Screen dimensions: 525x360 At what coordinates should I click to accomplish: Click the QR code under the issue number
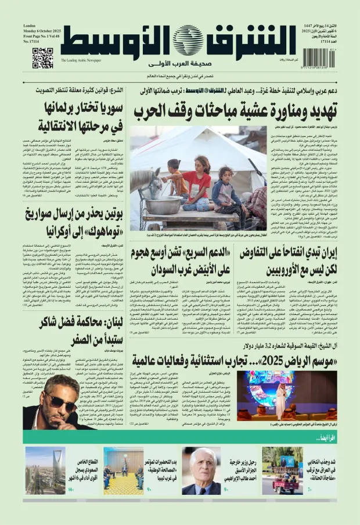point(42,58)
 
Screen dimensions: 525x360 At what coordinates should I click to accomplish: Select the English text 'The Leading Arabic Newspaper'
point(81,60)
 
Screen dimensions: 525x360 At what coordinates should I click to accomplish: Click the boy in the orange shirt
point(174,174)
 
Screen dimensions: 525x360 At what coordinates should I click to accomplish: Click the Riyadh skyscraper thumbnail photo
point(45,470)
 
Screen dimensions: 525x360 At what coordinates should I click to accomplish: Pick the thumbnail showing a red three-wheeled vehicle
point(282,470)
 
